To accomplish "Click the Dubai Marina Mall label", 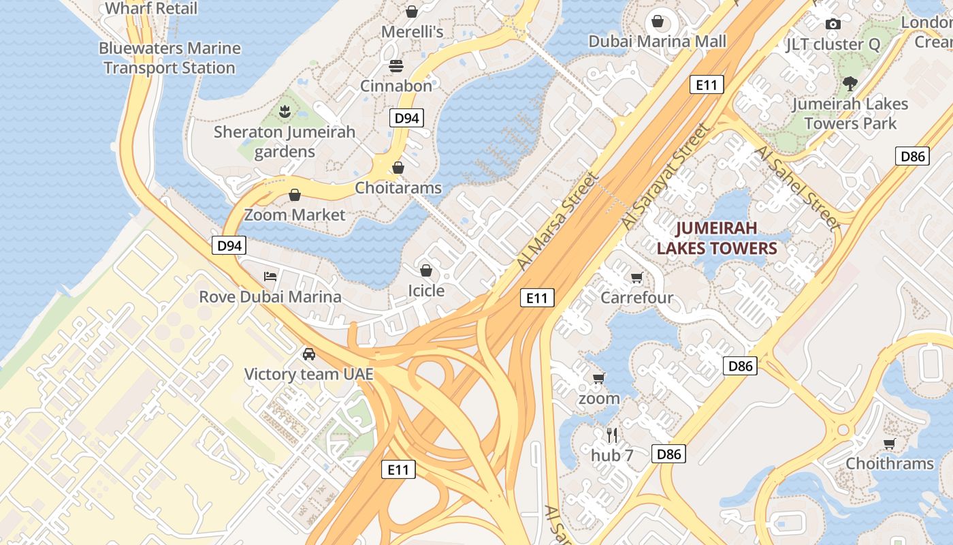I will [x=658, y=42].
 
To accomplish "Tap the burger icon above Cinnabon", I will [x=396, y=66].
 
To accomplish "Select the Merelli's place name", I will [x=413, y=32].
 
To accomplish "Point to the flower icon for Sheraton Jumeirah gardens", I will [x=285, y=110].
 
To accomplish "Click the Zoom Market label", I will [x=295, y=215].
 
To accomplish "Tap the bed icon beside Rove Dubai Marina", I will [x=270, y=277].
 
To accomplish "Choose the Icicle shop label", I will [x=426, y=291].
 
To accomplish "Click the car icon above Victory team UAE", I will [x=309, y=354].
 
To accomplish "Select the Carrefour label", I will [x=636, y=298].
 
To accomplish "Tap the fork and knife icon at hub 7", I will [x=612, y=435].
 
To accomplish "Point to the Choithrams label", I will [x=890, y=463].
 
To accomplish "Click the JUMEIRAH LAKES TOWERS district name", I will [x=717, y=238].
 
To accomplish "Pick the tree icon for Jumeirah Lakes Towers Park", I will [x=850, y=84].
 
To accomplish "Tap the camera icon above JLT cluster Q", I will [x=833, y=25].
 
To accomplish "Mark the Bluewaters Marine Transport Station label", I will [x=169, y=58].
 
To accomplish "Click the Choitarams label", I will [x=398, y=188].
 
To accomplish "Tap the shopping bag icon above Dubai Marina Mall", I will [x=658, y=21].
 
